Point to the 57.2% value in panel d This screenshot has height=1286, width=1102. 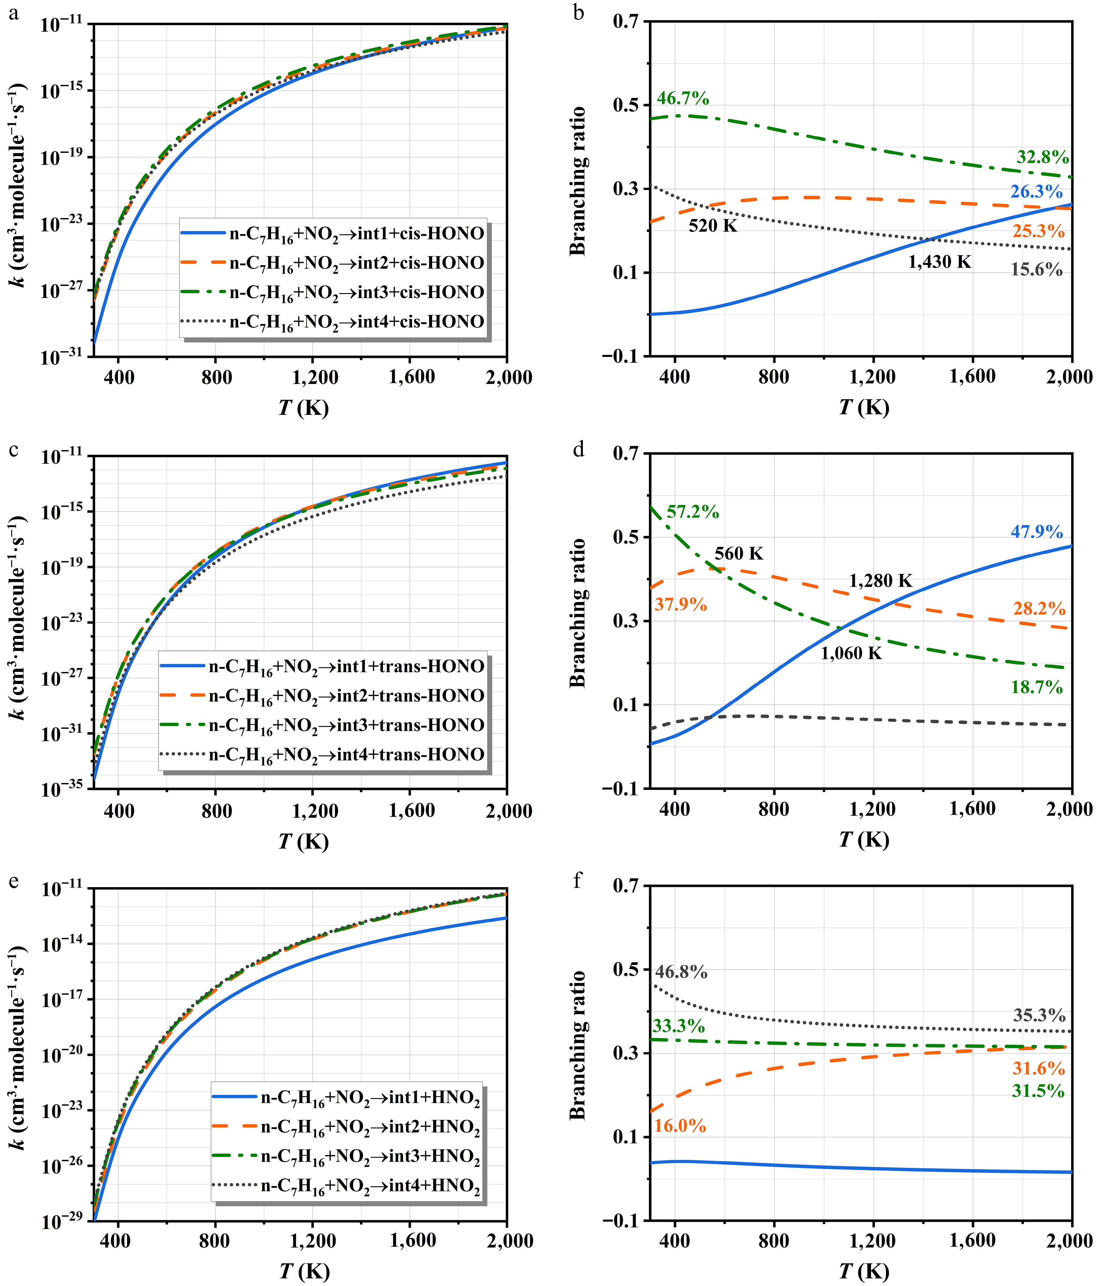692,512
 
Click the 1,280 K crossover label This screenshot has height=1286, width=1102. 880,581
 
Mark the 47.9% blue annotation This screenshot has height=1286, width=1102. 1036,532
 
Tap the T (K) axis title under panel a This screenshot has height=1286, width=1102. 303,408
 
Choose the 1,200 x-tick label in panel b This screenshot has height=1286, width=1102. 872,377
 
